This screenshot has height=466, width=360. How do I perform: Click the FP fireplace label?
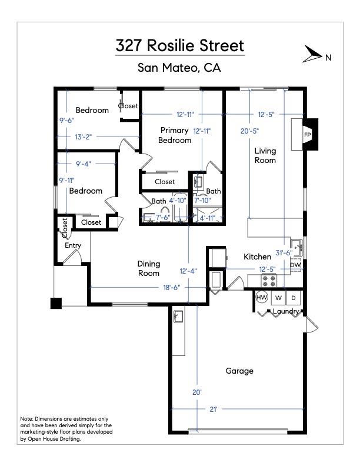point(307,135)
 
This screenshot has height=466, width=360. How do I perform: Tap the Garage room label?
point(239,371)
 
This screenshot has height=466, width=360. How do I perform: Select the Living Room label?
point(265,155)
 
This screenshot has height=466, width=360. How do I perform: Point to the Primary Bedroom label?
point(175,135)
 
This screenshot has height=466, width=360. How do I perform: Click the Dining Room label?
point(149,268)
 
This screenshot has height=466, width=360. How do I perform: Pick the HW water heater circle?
point(262,297)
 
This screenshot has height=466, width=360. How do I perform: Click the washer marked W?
point(278,297)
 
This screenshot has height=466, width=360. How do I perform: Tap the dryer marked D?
point(294,297)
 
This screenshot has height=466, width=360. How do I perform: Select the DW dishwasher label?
point(295,265)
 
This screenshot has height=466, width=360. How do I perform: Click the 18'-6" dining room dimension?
point(171,287)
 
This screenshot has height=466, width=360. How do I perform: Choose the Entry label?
point(73,245)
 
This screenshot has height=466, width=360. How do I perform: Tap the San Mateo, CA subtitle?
point(179,68)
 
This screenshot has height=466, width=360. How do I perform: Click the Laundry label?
point(286,311)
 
